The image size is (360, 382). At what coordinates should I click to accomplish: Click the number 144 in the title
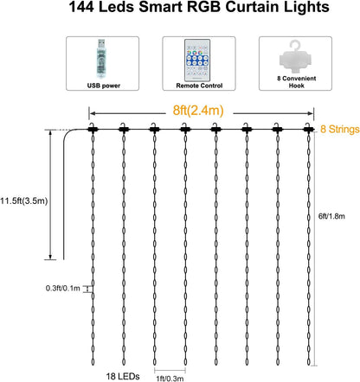click(81, 7)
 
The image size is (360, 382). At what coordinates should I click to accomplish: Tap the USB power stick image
click(101, 59)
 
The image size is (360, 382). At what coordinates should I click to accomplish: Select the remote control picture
click(197, 60)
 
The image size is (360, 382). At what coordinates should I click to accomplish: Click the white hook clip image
click(296, 57)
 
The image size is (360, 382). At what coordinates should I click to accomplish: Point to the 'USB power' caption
click(104, 86)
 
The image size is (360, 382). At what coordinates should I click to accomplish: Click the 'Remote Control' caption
click(199, 86)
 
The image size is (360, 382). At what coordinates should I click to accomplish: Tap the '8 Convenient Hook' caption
click(297, 82)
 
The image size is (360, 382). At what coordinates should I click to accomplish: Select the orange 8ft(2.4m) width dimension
click(198, 111)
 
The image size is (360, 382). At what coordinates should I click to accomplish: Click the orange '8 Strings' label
click(340, 129)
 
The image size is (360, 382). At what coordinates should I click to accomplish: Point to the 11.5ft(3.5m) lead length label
click(23, 201)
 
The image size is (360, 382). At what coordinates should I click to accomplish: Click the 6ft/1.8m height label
click(331, 216)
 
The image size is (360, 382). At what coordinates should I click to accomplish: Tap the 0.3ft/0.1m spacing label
click(63, 288)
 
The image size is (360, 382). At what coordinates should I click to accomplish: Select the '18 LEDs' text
click(123, 376)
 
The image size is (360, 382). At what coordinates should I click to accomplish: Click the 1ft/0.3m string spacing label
click(170, 379)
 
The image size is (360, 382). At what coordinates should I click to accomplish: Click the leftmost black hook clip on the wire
click(93, 128)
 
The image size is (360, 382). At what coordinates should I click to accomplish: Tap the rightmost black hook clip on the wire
click(308, 128)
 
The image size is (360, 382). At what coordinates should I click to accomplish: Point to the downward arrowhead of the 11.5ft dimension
click(50, 257)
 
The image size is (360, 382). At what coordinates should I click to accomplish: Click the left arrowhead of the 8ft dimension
click(93, 113)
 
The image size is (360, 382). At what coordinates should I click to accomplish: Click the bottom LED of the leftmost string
click(93, 361)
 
